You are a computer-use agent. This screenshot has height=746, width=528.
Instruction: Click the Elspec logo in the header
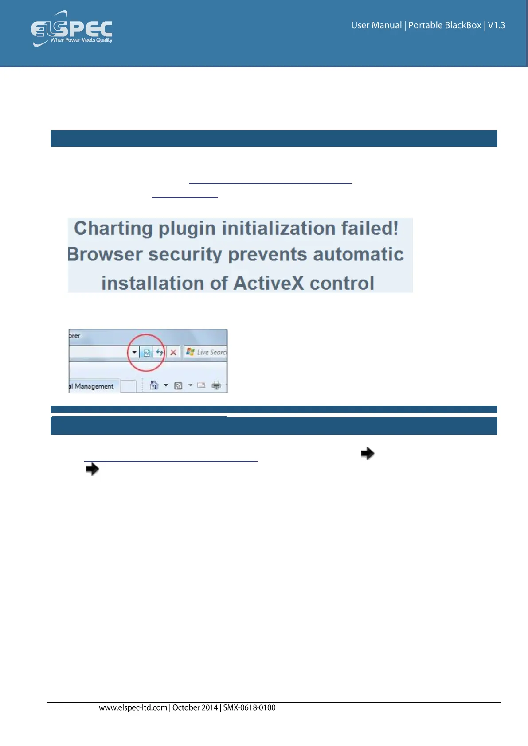point(72,29)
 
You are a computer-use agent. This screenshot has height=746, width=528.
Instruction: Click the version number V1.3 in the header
point(497,25)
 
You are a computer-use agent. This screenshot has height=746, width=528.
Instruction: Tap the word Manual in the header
point(387,25)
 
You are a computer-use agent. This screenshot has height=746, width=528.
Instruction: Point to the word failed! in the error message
point(370,229)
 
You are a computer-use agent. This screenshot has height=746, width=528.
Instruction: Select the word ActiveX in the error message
point(268,283)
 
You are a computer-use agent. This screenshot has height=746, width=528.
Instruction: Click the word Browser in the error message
point(105,254)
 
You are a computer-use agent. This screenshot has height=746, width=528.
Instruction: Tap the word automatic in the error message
point(358,254)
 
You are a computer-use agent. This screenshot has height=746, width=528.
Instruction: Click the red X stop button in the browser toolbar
point(173,352)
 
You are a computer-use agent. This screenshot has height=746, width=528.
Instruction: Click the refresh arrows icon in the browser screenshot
point(160,352)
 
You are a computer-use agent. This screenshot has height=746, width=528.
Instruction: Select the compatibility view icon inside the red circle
point(146,352)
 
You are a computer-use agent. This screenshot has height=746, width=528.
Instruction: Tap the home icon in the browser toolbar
point(154,385)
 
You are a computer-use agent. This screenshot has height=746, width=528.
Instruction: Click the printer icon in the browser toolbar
point(216,385)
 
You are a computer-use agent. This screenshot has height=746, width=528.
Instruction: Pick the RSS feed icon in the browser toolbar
point(178,386)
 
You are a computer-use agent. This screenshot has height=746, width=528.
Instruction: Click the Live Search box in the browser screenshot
point(206,352)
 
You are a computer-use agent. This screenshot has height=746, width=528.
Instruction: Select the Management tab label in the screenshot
point(94,386)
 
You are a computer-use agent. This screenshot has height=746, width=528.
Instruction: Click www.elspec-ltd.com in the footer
point(133,708)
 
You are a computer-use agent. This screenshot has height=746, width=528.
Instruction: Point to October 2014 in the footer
point(195,708)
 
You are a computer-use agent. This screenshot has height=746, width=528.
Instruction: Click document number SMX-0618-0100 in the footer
point(249,708)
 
